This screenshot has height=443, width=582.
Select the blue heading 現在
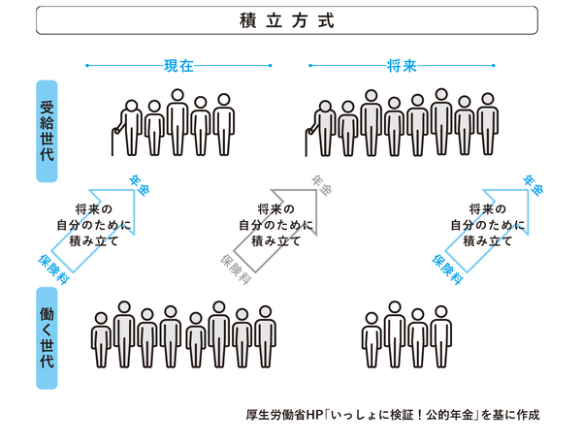pyautogui.click(x=178, y=66)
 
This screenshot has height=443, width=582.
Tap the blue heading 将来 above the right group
pyautogui.click(x=403, y=66)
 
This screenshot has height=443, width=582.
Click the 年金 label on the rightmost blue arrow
pyautogui.click(x=532, y=184)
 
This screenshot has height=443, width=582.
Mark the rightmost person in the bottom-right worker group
pyautogui.click(x=441, y=336)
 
